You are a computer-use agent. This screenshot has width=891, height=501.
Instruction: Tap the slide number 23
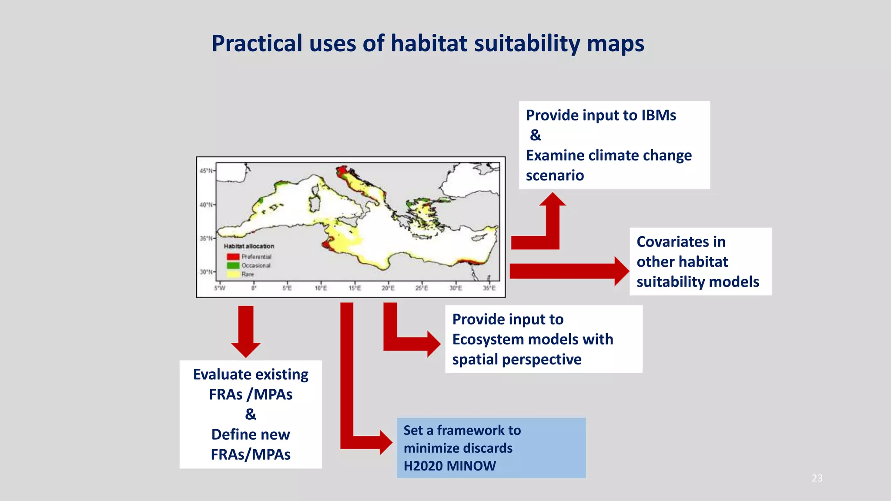(x=817, y=478)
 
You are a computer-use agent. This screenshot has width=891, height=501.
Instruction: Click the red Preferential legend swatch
(x=233, y=257)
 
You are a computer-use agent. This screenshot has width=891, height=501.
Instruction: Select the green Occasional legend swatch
(x=233, y=265)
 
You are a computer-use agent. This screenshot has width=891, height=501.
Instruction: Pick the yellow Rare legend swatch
(x=233, y=274)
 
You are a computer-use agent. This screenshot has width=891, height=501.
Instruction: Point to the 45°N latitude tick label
(x=206, y=171)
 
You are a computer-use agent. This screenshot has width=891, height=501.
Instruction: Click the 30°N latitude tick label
(x=206, y=272)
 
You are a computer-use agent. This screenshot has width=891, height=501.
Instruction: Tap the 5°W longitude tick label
(x=220, y=288)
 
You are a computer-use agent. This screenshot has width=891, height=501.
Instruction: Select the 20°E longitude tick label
(x=388, y=288)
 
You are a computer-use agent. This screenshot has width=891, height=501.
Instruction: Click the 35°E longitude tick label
(x=489, y=288)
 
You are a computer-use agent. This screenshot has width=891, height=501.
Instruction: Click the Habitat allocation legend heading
(x=249, y=246)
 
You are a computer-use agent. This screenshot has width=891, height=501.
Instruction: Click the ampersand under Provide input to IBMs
(x=536, y=135)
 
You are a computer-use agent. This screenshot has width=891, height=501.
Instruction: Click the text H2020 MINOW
(x=449, y=466)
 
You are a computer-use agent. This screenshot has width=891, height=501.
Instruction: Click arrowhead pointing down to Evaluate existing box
(x=246, y=350)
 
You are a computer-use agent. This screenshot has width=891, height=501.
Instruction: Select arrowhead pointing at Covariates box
(x=621, y=271)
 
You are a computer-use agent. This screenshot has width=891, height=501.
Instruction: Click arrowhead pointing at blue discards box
(x=386, y=442)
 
